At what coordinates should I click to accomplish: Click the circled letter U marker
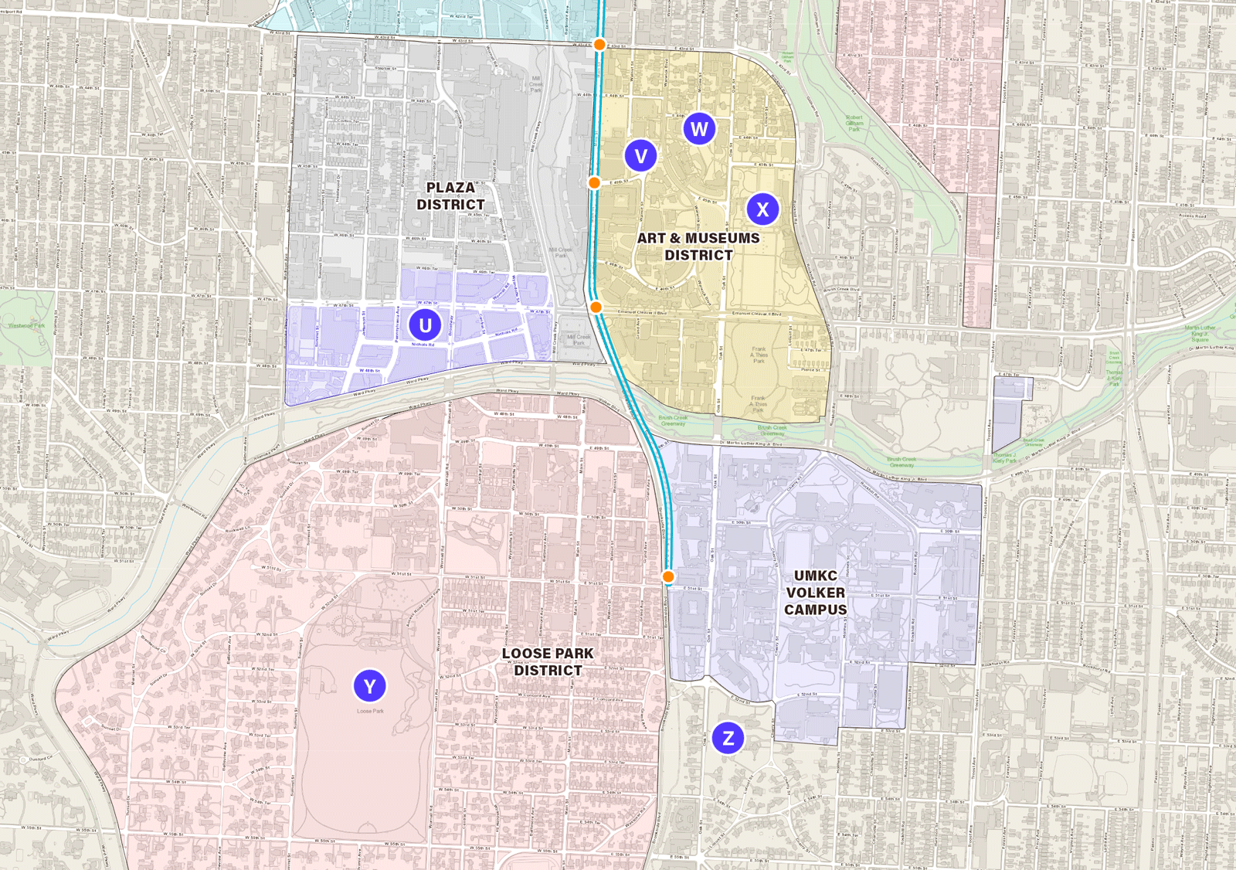click(425, 325)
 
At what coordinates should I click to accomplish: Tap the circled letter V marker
click(640, 156)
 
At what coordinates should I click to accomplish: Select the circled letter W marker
click(699, 129)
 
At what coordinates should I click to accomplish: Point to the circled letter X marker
click(762, 209)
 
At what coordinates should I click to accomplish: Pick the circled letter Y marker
click(369, 686)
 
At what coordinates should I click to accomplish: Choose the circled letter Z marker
click(728, 738)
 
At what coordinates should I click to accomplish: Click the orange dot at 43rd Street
click(599, 45)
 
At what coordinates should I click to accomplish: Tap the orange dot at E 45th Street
click(594, 183)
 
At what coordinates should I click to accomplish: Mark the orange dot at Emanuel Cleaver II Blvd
click(596, 308)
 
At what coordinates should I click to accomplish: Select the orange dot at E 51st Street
click(668, 577)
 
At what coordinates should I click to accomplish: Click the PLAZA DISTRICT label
click(451, 196)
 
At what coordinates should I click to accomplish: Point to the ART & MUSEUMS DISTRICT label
click(698, 246)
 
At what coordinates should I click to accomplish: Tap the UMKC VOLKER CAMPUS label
click(816, 593)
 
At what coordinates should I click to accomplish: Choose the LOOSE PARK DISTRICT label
click(548, 662)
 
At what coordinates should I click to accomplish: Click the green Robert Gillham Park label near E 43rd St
click(854, 124)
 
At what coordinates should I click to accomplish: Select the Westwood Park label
click(26, 325)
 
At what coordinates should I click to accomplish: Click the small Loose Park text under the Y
click(370, 711)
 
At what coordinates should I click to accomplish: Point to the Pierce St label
click(810, 370)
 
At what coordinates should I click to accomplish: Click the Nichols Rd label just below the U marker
click(423, 345)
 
